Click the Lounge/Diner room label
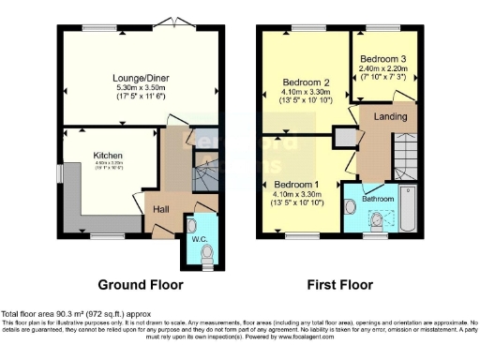tap(140, 78)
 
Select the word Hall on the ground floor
tap(161, 209)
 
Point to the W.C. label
tap(199, 239)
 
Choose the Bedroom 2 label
tap(307, 82)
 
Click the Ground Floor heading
tap(141, 284)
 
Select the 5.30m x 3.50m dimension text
tap(140, 87)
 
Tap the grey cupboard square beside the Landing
tap(345, 137)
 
